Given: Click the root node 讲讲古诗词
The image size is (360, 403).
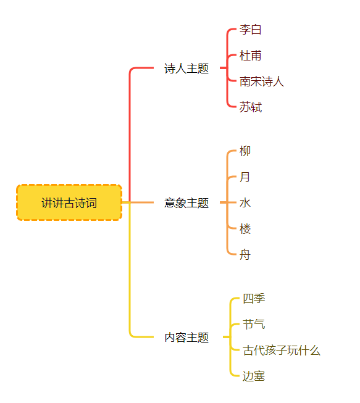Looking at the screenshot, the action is click(69, 202).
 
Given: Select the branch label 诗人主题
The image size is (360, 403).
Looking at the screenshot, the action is click(186, 69).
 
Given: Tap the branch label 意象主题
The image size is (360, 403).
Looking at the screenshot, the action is click(186, 203).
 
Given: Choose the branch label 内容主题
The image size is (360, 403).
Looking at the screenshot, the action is click(186, 337).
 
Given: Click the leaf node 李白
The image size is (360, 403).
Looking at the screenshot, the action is click(251, 30).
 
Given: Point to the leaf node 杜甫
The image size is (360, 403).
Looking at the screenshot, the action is click(251, 56).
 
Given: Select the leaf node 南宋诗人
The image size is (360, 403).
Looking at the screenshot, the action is click(262, 81).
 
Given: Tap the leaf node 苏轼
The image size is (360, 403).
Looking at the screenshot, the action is click(251, 107).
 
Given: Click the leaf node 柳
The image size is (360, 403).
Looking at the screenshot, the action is click(245, 151).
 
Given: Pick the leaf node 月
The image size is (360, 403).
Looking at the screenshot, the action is click(245, 177).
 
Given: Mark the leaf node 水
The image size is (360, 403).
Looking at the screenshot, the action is click(245, 203).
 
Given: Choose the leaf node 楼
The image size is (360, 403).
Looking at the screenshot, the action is click(245, 229).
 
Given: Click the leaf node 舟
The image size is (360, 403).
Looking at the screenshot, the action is click(245, 255).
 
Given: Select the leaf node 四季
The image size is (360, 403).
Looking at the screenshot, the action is click(254, 299).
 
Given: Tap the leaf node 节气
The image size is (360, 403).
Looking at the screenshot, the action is click(254, 324).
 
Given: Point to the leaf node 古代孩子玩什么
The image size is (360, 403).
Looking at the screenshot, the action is click(282, 350).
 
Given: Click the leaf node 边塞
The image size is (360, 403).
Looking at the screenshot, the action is click(254, 376).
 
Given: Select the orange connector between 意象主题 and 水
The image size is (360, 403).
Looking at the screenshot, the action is click(228, 202).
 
